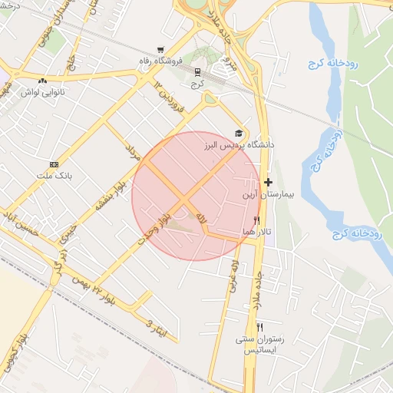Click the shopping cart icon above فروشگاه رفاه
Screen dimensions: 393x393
[x=160, y=48]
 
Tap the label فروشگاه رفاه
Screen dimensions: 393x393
[x=160, y=60]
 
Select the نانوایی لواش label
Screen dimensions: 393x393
[x=42, y=91]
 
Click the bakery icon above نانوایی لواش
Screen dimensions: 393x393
[x=42, y=80]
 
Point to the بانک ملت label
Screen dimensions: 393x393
[x=53, y=175]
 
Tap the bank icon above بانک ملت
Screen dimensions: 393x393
[x=54, y=164]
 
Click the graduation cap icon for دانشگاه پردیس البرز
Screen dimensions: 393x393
[x=238, y=133]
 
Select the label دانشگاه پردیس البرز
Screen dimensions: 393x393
[x=239, y=144]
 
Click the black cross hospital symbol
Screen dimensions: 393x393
[x=268, y=183]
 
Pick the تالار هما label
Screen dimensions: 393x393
[x=257, y=231]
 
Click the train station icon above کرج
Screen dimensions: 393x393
[x=198, y=72]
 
